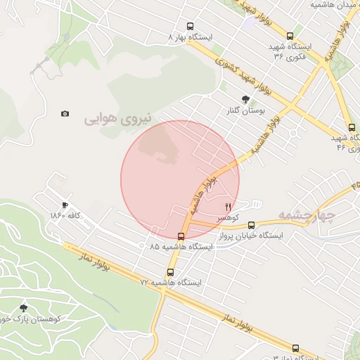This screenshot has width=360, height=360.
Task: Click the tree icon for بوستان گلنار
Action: tap(245, 99)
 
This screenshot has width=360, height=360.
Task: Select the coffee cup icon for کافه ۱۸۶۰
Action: tap(65, 205)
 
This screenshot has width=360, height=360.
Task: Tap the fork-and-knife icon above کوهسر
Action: tap(227, 207)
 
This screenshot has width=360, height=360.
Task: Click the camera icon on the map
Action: tap(65, 113)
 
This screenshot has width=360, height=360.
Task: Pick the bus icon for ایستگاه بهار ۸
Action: tap(189, 26)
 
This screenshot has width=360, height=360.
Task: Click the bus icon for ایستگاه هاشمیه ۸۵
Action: tap(181, 236)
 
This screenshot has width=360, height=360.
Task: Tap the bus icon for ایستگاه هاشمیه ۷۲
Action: tap(170, 272)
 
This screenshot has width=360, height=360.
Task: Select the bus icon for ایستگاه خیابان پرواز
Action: tap(251, 225)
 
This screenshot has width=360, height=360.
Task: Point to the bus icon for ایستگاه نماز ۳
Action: tap(295, 348)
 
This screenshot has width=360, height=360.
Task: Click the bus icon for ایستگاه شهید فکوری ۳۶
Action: tap(290, 36)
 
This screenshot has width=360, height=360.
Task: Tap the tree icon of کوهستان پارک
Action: tap(24, 307)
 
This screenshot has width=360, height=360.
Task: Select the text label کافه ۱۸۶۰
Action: tap(67, 215)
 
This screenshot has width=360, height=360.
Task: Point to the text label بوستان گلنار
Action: tap(246, 110)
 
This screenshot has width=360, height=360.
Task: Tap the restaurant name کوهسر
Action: tap(229, 218)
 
